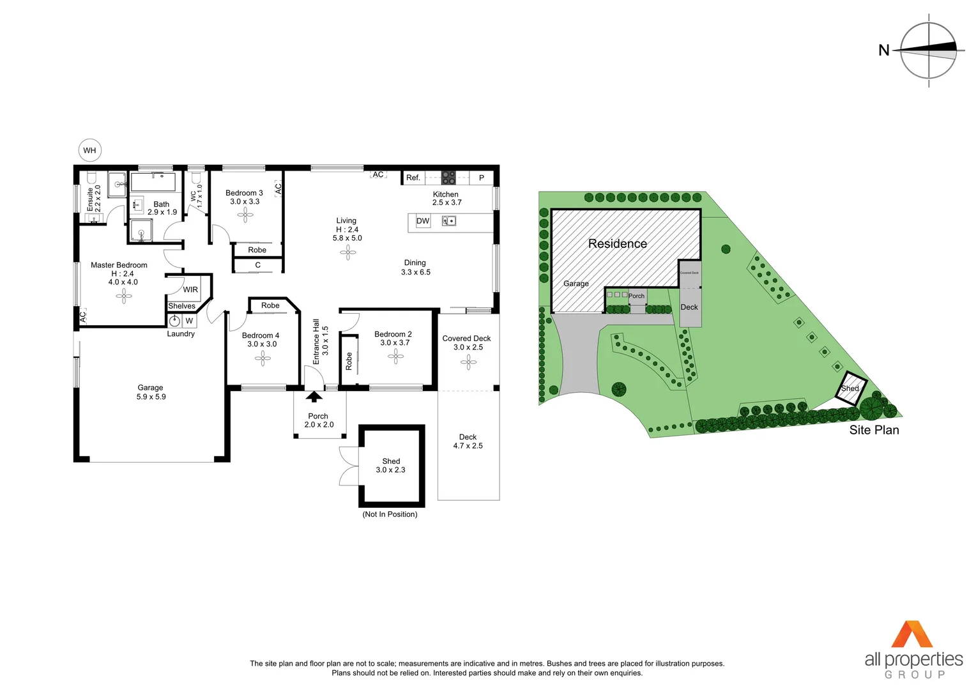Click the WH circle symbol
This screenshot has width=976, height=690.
pos(89,151)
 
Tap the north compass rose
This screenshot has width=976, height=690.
pos(928,50)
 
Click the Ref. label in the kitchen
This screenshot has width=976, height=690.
pos(413,178)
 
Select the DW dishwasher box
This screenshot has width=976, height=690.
pos(423,221)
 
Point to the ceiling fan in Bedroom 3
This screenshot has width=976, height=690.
pos(245,215)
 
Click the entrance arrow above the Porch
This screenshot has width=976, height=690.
pos(314,397)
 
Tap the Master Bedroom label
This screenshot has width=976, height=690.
pos(119,265)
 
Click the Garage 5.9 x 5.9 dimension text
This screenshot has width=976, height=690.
pos(151,397)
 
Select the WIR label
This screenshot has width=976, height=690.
pos(190,289)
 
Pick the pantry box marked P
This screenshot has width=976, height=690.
pos(482,178)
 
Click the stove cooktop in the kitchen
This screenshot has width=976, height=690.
pos(449,178)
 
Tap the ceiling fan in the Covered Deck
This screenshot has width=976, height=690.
pos(468,362)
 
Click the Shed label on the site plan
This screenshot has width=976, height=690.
pos(850,388)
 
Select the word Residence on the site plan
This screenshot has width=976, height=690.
pos(617,243)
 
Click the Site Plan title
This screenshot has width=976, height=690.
pos(874,430)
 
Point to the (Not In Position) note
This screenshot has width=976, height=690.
pos(390,514)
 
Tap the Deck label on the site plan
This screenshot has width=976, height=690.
pos(689,307)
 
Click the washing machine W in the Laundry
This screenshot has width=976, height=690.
pos(189,321)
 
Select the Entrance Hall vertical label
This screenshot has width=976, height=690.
pos(316,342)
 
